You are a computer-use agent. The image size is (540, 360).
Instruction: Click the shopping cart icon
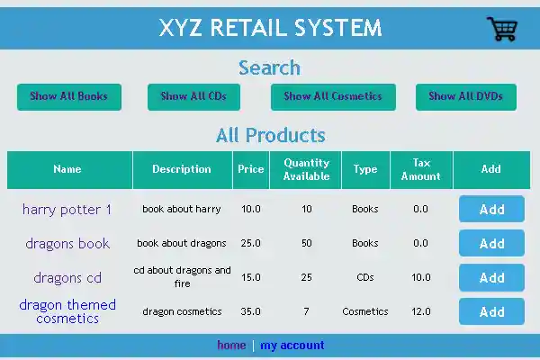point(502,29)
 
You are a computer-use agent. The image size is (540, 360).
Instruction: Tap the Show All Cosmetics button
point(333,96)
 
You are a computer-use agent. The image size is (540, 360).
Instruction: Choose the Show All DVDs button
point(465,96)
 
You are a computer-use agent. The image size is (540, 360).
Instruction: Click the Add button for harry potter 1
point(491,209)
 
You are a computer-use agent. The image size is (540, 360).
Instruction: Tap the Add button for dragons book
point(491,243)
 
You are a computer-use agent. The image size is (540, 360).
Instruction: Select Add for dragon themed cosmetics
point(491,311)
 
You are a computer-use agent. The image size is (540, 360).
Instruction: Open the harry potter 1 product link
point(67,210)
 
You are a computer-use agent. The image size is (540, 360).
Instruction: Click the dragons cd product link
point(67,278)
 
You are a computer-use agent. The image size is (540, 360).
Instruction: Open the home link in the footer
point(231,346)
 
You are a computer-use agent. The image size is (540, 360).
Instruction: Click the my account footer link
point(292,346)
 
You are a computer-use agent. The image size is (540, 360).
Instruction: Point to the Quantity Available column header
point(306,169)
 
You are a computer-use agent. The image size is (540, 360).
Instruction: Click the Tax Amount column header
point(421,169)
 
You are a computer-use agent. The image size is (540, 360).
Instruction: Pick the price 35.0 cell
point(251,311)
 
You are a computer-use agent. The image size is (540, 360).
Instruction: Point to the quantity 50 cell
point(307,243)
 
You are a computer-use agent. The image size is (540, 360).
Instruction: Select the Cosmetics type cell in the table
point(365,311)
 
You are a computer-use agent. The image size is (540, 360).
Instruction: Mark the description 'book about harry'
point(182,209)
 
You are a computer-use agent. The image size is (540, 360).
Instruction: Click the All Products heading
point(270,136)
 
